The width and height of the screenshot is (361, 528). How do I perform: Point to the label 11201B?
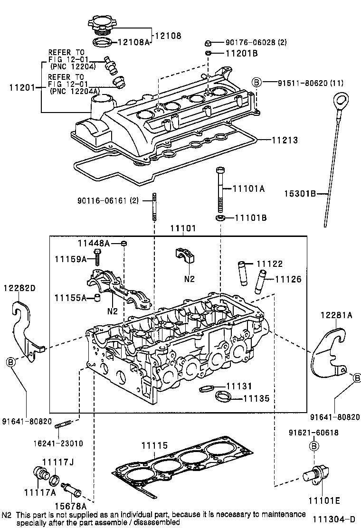[x=237, y=54]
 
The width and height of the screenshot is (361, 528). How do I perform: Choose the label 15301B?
[x=301, y=194]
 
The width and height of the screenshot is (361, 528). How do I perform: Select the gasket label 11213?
[x=285, y=140]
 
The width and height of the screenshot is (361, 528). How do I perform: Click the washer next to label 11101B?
[x=220, y=218]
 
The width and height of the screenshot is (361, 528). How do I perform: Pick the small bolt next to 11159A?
[x=97, y=257]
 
